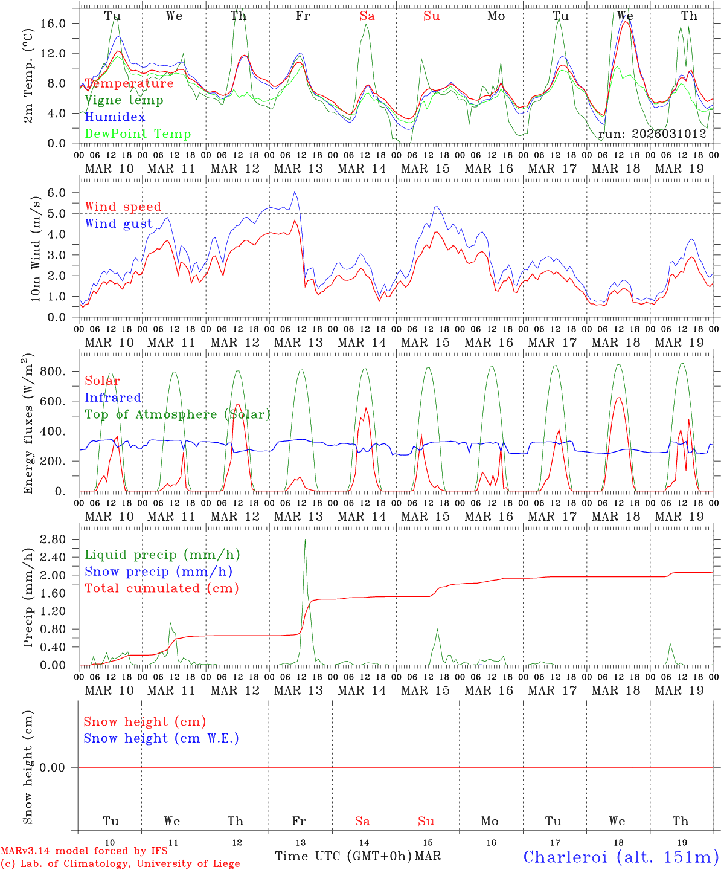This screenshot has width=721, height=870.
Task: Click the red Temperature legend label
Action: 129,83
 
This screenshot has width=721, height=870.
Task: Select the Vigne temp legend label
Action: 124,100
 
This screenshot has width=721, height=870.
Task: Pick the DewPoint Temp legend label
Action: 138,134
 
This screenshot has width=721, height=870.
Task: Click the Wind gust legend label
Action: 118,224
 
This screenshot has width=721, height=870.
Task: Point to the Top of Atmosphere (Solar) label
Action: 177,414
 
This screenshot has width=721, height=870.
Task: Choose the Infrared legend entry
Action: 113,398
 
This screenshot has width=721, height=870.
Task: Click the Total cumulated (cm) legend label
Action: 161,588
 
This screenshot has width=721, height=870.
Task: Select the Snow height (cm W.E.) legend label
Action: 161,738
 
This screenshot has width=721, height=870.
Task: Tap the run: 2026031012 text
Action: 652,134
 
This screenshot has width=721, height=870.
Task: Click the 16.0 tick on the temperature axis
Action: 62,23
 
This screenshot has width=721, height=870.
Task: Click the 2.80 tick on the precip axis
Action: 59,539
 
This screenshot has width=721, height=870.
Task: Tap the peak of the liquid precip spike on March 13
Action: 305,540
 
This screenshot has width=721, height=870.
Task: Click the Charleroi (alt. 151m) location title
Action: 621,857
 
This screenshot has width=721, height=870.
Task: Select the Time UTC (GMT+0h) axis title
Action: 343,856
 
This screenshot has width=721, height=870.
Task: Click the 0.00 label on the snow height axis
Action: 59,767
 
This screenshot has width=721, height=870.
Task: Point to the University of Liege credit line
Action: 120,864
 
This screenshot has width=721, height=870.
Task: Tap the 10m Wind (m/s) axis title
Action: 36,248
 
